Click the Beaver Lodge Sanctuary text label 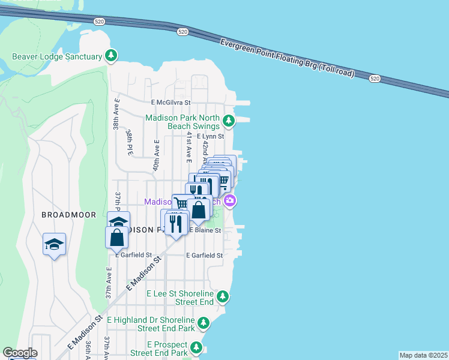pos(57,58)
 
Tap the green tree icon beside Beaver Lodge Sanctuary pos(110,56)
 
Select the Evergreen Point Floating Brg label pos(287,59)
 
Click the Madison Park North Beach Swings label pos(183,122)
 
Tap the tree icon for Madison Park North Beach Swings pos(228,121)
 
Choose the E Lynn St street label pos(205,136)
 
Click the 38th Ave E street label pos(116,115)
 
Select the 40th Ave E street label pos(156,155)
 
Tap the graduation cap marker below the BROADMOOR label pos(54,245)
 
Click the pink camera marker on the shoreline pos(229,201)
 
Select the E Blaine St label pos(205,230)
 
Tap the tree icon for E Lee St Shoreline pos(223,296)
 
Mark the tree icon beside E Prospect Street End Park pos(196,347)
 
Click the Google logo pos(20,353)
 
